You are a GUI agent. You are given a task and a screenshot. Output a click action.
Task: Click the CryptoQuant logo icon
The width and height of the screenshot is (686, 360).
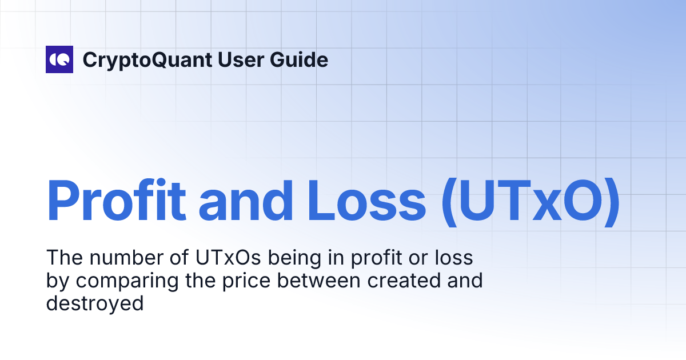click(59, 59)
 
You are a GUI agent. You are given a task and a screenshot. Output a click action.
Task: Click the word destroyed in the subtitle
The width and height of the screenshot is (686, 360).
click(95, 303)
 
